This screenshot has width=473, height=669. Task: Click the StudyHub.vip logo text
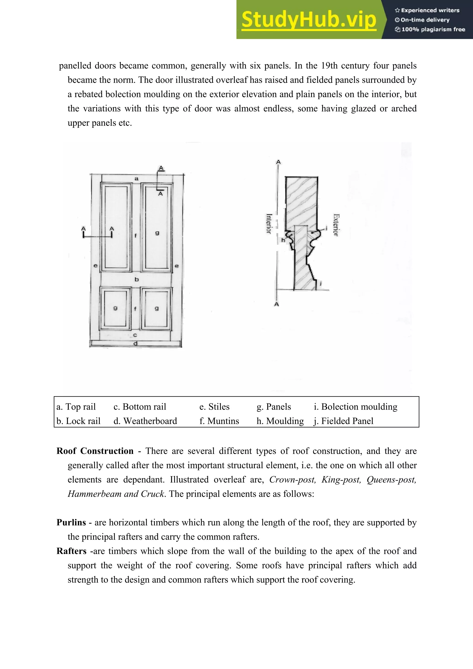pyautogui.click(x=309, y=20)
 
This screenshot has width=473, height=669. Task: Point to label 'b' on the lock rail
pyautogui.click(x=136, y=279)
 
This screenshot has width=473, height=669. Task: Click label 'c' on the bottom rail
pyautogui.click(x=135, y=335)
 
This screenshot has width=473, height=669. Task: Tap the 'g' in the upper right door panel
pyautogui.click(x=157, y=233)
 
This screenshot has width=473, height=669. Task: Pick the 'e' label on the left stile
pyautogui.click(x=95, y=266)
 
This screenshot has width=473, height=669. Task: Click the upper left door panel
pyautogui.click(x=116, y=227)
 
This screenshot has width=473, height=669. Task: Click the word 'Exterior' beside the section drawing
pyautogui.click(x=336, y=225)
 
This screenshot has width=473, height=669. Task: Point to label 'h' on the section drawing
pyautogui.click(x=283, y=240)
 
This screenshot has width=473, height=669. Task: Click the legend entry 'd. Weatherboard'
pyautogui.click(x=145, y=421)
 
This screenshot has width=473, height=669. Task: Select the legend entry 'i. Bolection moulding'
pyautogui.click(x=355, y=407)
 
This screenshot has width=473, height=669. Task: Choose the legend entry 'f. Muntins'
pyautogui.click(x=219, y=421)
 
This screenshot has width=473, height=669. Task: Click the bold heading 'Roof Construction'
pyautogui.click(x=95, y=451)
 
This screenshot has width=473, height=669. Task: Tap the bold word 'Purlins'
pyautogui.click(x=71, y=522)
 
